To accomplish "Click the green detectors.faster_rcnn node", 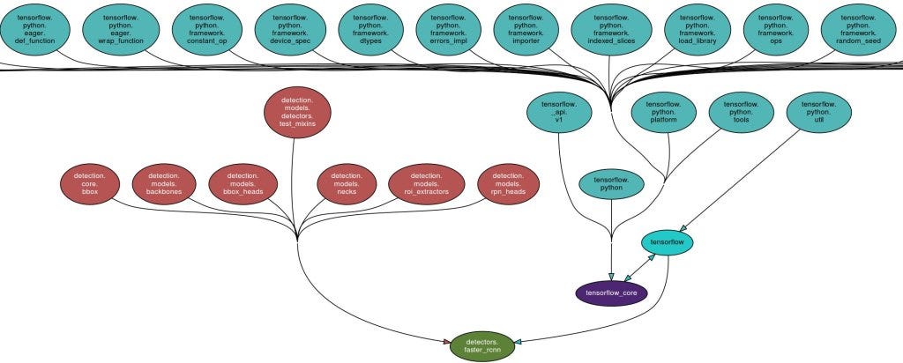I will point(481,345).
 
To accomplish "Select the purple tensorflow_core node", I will point(611,292).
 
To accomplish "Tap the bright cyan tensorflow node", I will point(668,241).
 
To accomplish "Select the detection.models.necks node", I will point(347,183).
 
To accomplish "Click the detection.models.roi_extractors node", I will point(425,183).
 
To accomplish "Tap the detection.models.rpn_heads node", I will point(508,183).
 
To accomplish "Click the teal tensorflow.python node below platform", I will point(611,183).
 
